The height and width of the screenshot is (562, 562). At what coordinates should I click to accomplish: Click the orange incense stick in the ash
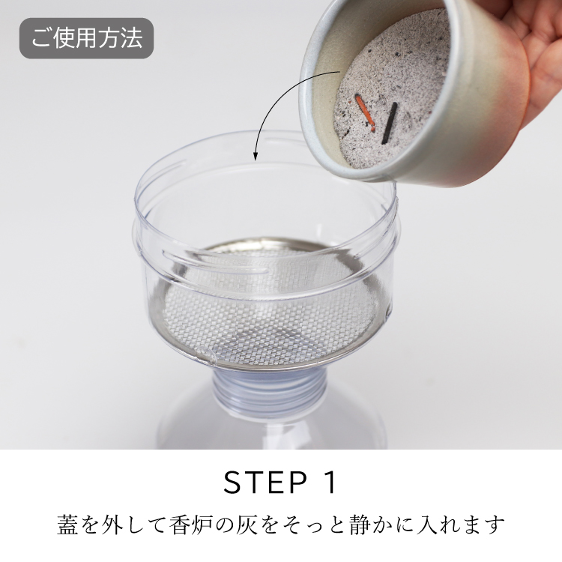365,112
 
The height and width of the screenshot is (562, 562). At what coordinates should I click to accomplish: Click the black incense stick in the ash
389,123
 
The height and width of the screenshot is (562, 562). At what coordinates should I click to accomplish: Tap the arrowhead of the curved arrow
256,156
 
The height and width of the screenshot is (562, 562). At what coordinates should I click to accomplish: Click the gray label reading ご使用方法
86,38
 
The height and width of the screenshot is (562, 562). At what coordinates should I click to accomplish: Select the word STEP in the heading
265,483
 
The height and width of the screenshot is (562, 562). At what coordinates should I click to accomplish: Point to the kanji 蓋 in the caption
67,525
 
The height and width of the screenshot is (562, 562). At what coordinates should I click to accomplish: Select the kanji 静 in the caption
359,525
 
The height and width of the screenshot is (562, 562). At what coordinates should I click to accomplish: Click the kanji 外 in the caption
112,525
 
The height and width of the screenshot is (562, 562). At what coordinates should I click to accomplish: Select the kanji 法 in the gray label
132,38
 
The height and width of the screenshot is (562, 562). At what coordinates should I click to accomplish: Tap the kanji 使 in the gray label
65,38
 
